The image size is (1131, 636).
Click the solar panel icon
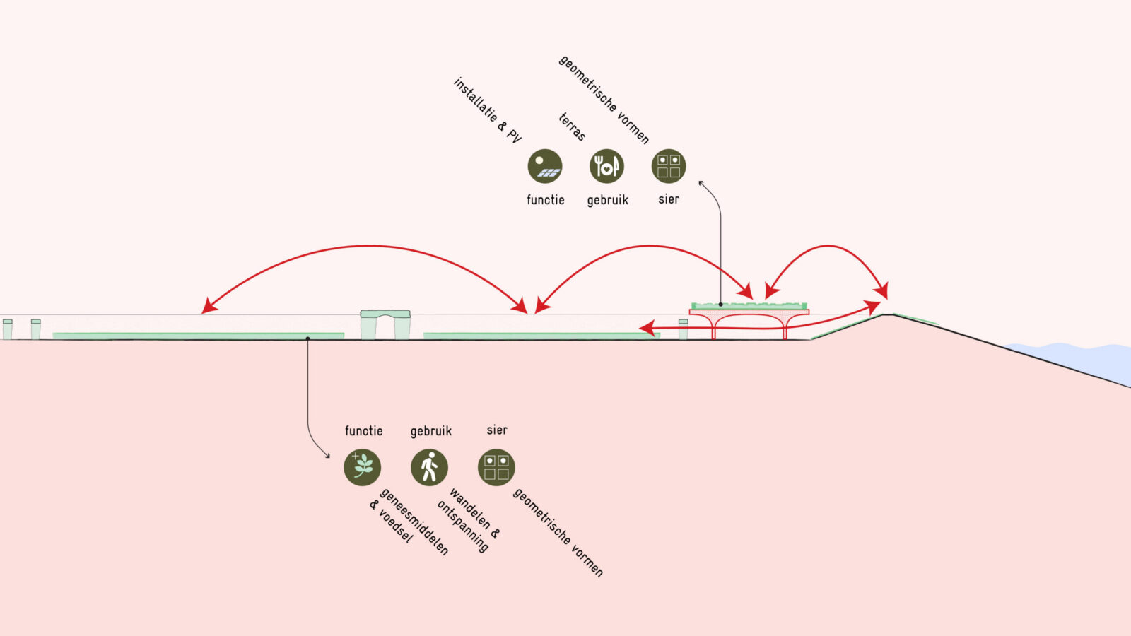tap(545, 167)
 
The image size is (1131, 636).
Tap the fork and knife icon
tap(606, 167)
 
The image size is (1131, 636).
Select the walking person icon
tap(429, 467)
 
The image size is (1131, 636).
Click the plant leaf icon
tap(363, 467)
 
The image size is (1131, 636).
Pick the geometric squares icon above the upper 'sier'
tap(669, 167)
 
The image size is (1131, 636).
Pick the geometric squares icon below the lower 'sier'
tap(496, 467)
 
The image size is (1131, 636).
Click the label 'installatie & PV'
tap(487, 110)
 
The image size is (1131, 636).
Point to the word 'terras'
tap(572, 126)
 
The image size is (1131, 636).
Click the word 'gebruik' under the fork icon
tap(607, 200)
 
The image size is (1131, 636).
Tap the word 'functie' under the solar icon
tap(545, 200)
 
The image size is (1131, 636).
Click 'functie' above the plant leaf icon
tap(363, 430)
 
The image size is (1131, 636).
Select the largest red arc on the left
tap(368, 247)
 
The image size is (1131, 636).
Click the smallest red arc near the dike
tap(827, 247)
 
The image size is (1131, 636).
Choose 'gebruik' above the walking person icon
tap(430, 431)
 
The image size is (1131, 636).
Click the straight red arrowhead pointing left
tap(645, 327)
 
